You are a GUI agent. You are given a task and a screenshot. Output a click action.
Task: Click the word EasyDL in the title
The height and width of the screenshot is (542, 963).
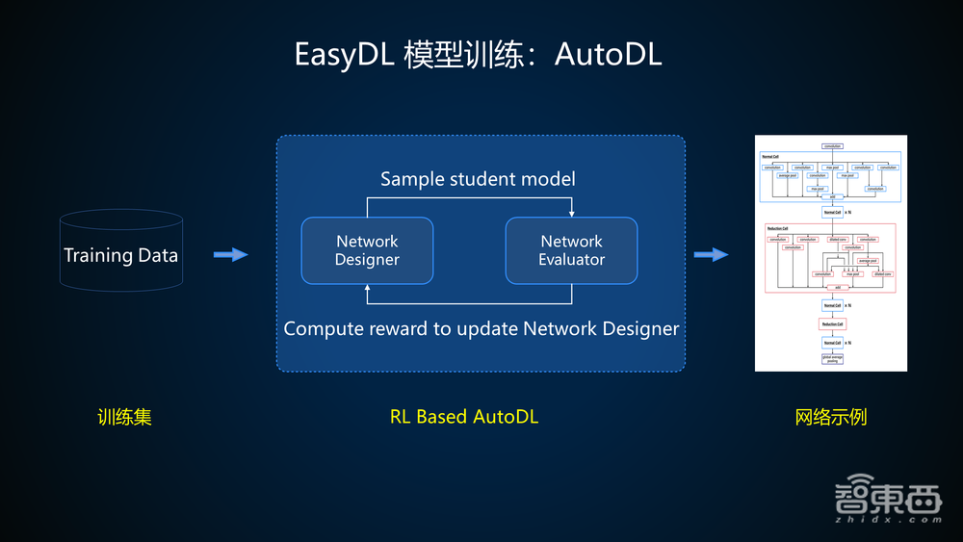[x=345, y=54]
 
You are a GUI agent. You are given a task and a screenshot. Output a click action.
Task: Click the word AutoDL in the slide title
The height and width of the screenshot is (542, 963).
[x=618, y=54]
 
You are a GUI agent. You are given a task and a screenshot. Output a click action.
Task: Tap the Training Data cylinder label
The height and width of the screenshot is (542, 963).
[x=120, y=255]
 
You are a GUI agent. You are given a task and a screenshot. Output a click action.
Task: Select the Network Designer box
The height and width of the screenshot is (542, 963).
[x=367, y=250]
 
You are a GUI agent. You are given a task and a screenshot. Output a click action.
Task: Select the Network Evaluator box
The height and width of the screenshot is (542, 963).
[x=571, y=250]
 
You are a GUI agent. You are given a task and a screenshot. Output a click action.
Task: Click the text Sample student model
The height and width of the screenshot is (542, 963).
[x=478, y=179]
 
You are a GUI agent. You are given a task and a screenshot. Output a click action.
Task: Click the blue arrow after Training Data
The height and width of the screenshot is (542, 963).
[x=230, y=254]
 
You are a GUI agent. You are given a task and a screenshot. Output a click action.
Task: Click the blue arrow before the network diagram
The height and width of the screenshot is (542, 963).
[x=711, y=254]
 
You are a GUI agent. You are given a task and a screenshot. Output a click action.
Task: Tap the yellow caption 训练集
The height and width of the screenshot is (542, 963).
[x=124, y=417]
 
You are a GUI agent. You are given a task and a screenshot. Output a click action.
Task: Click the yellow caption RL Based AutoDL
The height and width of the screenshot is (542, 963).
[x=463, y=417]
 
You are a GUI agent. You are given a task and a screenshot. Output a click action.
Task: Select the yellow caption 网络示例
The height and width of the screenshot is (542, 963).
[x=831, y=417]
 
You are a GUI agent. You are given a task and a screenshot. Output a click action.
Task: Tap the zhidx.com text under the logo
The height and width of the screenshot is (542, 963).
[x=884, y=519]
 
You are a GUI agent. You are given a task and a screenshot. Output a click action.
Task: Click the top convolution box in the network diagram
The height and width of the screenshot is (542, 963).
[x=831, y=145]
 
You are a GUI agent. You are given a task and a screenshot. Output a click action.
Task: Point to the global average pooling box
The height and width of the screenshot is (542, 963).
[x=830, y=359]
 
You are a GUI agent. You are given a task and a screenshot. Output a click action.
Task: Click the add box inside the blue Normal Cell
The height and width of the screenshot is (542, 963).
[x=830, y=195]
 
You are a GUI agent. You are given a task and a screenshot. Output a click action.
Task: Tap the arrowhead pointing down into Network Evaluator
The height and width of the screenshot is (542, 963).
[x=572, y=214]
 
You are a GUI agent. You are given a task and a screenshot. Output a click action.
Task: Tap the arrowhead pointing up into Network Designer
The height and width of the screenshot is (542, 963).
[x=367, y=288]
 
